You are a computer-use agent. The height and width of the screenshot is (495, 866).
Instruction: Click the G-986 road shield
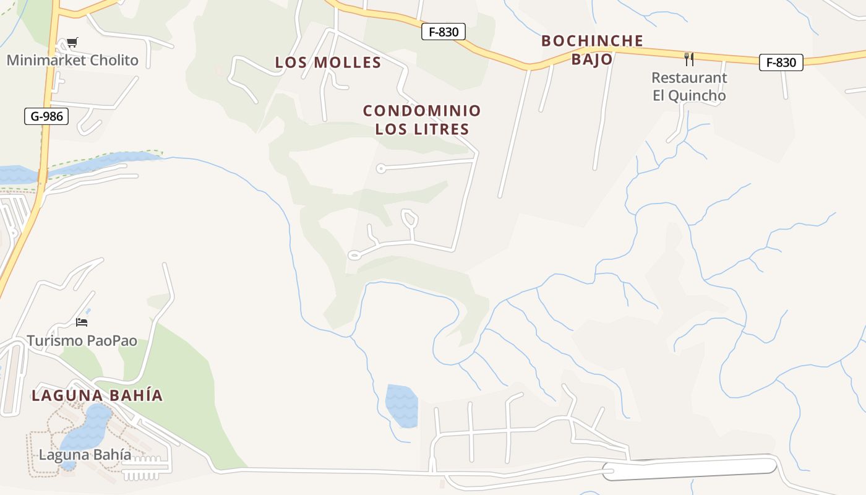pos(46,116)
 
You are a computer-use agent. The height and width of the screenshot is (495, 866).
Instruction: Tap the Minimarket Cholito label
pos(72,61)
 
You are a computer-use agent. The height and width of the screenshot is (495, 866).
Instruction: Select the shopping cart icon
pos(72,43)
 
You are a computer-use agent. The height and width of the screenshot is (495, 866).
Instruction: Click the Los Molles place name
pos(328,62)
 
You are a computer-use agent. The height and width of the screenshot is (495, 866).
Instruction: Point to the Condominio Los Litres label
pos(422,120)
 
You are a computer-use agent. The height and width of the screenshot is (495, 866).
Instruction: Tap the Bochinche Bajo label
pos(592,50)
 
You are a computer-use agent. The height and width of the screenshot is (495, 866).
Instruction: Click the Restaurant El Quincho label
pos(689,87)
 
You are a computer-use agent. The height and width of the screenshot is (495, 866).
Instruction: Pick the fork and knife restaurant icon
pos(689,59)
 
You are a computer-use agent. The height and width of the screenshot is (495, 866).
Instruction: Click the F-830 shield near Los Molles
pos(443,32)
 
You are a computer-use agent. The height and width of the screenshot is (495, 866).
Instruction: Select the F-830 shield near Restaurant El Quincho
pos(781,62)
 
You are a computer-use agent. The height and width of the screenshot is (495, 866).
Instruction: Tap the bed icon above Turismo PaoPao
pos(82,322)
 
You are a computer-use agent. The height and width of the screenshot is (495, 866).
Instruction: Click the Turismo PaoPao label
pos(82,341)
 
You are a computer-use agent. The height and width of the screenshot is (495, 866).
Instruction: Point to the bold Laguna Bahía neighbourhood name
pos(97,395)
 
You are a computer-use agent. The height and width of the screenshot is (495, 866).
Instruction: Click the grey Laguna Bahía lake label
pos(85,455)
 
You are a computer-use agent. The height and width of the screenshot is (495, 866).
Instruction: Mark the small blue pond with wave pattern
pos(401,405)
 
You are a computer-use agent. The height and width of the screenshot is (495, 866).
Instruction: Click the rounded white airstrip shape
pos(690,467)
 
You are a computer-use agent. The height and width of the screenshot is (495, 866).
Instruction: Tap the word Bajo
pos(592,59)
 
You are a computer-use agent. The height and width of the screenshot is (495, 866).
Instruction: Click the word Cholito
pos(114,61)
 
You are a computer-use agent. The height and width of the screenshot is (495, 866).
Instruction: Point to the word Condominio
pos(422,111)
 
